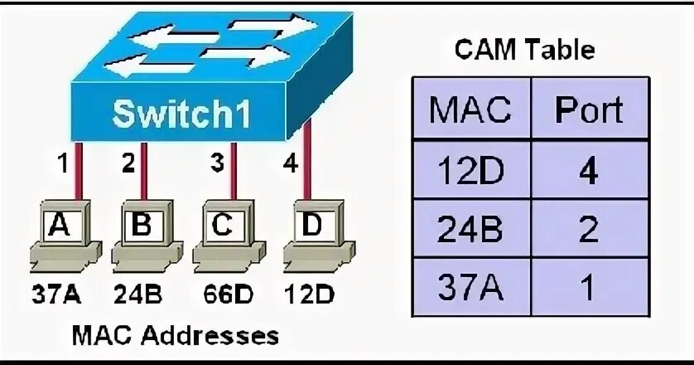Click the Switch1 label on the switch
[181, 115]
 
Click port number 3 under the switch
[217, 164]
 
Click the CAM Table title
[524, 51]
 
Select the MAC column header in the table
[470, 110]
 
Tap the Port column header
[588, 110]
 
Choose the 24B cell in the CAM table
[470, 230]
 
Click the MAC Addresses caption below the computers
[176, 336]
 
